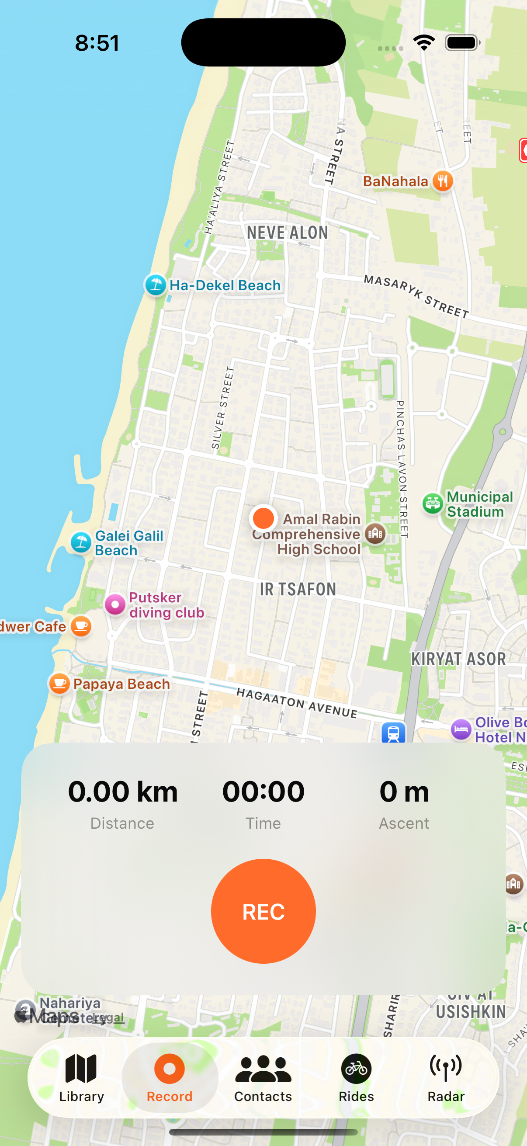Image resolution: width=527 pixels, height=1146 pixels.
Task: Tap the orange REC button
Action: click(x=263, y=911)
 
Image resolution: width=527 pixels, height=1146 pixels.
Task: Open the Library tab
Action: click(x=81, y=1077)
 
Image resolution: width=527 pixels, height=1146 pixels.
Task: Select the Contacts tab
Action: click(x=263, y=1077)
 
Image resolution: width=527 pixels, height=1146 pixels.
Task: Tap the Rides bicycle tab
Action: click(x=356, y=1077)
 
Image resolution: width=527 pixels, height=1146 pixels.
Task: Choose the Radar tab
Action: click(x=446, y=1077)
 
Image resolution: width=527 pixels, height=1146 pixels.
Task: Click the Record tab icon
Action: click(x=170, y=1069)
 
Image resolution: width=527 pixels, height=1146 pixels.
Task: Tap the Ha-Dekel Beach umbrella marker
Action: click(x=156, y=285)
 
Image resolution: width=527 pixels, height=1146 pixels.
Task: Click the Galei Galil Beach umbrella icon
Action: click(x=81, y=542)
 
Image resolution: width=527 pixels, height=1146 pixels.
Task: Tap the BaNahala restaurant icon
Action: click(x=443, y=181)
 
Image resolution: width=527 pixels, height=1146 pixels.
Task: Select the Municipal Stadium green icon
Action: click(x=432, y=504)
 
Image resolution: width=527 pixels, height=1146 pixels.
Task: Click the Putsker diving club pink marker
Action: click(x=115, y=604)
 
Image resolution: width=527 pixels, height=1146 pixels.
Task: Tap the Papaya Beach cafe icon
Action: click(x=59, y=683)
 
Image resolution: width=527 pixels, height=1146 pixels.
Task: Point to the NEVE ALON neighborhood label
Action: click(x=287, y=232)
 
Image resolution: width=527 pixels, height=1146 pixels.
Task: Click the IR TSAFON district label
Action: click(x=298, y=589)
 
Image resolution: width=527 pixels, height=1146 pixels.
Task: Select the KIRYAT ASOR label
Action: click(x=458, y=659)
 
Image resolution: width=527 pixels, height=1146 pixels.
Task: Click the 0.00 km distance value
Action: click(x=123, y=792)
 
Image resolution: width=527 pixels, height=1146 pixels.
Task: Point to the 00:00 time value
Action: click(x=263, y=792)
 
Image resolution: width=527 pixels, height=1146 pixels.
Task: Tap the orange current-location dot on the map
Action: click(x=263, y=518)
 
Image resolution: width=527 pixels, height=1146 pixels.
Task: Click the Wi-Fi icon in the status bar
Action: click(x=424, y=43)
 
